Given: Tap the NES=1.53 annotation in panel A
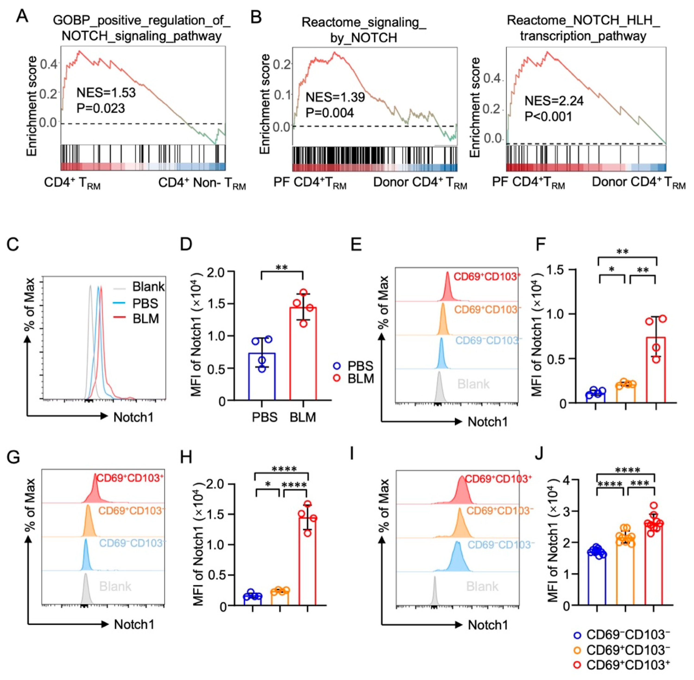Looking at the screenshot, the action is click(106, 93).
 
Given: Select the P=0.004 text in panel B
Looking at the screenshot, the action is click(330, 113).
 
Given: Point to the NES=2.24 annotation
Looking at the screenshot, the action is click(554, 101).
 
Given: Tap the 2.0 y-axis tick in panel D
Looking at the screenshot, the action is click(217, 272).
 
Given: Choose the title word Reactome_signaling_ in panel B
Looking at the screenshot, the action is click(363, 22).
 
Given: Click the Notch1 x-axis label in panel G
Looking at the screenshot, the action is click(134, 624).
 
